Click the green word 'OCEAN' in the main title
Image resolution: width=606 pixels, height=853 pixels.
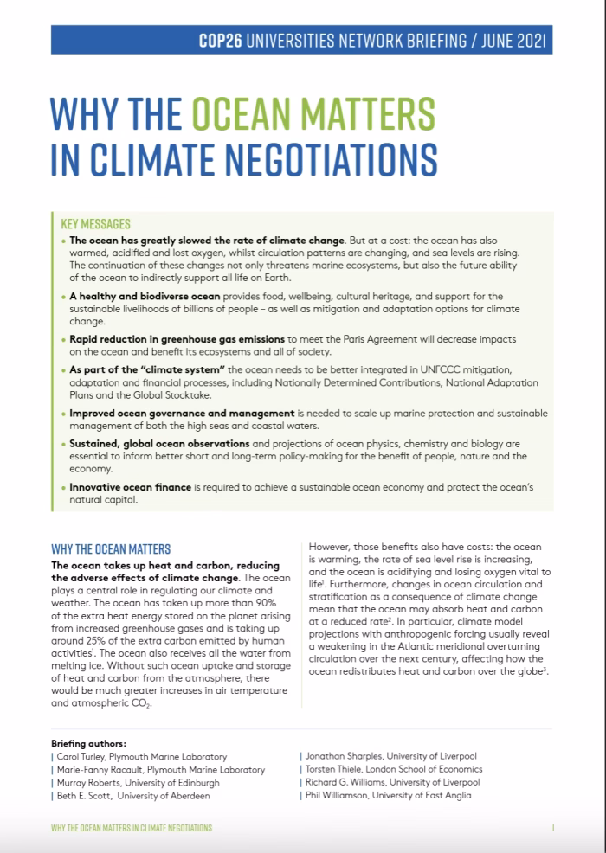pyautogui.click(x=248, y=115)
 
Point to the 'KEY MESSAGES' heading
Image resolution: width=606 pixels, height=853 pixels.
pyautogui.click(x=96, y=223)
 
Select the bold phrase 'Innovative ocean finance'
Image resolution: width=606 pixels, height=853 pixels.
pyautogui.click(x=130, y=487)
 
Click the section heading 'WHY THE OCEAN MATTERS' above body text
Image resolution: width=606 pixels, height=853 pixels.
pyautogui.click(x=111, y=548)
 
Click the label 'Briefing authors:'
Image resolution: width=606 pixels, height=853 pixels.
pyautogui.click(x=88, y=743)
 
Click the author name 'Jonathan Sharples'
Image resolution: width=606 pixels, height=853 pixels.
pyautogui.click(x=343, y=757)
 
